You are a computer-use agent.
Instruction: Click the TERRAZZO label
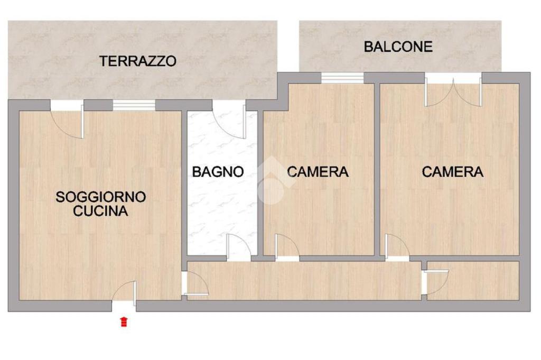[x=138, y=61]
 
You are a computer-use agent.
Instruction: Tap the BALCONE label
[x=398, y=47]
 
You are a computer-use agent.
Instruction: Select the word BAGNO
[x=218, y=172]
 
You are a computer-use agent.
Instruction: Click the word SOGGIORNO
[x=101, y=197]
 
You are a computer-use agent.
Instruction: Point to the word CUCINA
[x=100, y=211]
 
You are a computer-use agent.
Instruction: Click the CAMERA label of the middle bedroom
[x=318, y=172]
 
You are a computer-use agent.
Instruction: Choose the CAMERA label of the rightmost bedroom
[x=452, y=172]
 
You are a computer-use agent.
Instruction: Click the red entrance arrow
[x=124, y=321]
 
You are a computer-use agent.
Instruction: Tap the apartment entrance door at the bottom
[x=124, y=293]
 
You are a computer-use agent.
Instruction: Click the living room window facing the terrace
[x=134, y=105]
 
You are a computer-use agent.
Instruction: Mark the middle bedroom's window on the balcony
[x=342, y=78]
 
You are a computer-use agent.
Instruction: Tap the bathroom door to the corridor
[x=238, y=247]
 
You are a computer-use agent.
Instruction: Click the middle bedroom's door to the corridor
[x=287, y=247]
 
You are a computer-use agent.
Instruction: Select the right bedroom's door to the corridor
[x=397, y=247]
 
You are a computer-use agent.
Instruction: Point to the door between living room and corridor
[x=195, y=283]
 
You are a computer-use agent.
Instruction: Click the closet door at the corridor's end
[x=435, y=282]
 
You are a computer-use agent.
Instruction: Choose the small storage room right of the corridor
[x=473, y=281]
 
